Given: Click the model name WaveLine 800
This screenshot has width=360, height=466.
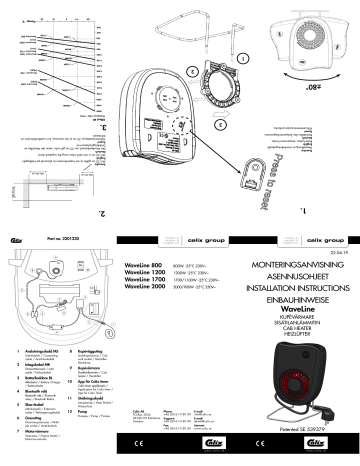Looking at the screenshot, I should click(x=143, y=263).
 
